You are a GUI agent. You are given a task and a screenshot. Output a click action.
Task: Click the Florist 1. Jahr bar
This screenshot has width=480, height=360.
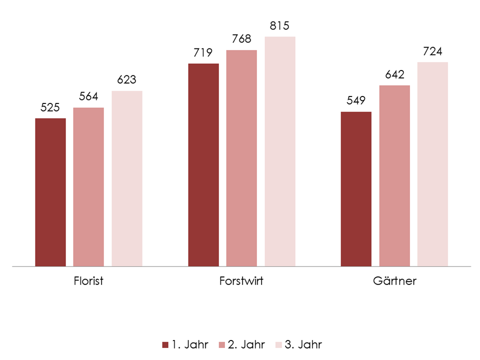(x=50, y=192)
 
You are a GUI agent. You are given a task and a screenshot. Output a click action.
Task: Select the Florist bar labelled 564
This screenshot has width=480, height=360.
(x=88, y=187)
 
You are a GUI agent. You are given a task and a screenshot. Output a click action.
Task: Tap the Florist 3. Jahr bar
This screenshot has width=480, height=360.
(x=127, y=178)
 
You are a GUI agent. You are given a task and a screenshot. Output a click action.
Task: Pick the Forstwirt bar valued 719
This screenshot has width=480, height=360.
(x=203, y=165)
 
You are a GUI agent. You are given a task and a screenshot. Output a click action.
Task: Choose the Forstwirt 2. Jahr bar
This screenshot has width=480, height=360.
(x=241, y=158)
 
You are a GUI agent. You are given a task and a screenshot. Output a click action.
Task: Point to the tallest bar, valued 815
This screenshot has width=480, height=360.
(x=280, y=151)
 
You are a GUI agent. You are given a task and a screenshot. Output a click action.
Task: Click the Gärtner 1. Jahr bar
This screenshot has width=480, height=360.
(x=356, y=189)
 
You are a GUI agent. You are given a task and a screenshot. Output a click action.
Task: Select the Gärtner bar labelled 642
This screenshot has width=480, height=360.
(x=394, y=176)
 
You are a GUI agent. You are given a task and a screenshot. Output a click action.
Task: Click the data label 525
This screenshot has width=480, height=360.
(x=50, y=107)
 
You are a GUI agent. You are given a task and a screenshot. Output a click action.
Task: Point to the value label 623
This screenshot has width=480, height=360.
(x=127, y=79)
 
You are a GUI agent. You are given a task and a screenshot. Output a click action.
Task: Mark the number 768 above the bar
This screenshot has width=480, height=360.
(x=241, y=39)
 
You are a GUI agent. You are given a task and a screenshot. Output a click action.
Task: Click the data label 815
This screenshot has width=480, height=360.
(x=280, y=25)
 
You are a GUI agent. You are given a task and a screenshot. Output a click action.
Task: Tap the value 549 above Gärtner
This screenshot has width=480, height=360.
(x=356, y=100)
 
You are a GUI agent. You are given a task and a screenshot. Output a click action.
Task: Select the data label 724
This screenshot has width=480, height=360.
(x=432, y=51)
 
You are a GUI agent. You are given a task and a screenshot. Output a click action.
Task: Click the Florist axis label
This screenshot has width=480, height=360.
(x=88, y=281)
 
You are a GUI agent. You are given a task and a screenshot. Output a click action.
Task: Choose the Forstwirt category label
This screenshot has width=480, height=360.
(x=241, y=281)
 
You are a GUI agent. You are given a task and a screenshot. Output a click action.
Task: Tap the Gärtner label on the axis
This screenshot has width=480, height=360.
(x=394, y=281)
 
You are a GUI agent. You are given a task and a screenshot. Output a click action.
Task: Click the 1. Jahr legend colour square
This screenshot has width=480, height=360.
(x=165, y=345)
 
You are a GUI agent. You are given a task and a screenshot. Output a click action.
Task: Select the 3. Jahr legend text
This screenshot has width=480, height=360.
(x=303, y=344)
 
